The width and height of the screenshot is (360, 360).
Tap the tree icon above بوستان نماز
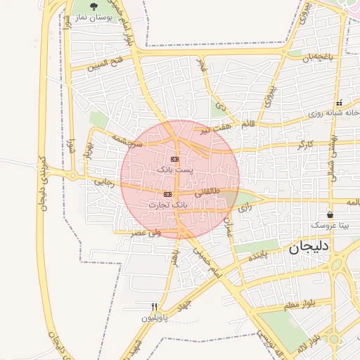(x=94, y=6)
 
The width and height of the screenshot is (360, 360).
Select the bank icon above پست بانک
(x=174, y=160)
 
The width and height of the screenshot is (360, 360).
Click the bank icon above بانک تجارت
(x=167, y=193)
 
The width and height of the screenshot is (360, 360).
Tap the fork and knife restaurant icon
(x=155, y=307)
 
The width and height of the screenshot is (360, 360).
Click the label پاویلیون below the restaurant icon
(x=155, y=318)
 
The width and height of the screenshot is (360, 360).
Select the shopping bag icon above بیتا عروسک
(x=330, y=214)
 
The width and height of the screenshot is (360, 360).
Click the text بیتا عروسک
(x=330, y=226)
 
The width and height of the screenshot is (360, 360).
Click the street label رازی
(x=245, y=208)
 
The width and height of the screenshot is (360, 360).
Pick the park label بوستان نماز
(x=94, y=17)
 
